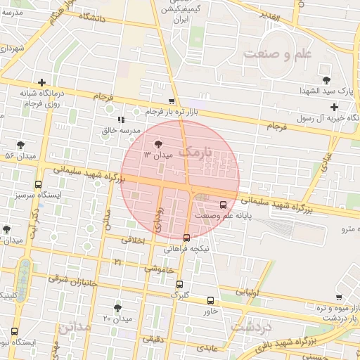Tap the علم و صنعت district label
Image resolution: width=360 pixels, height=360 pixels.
tap(277, 54)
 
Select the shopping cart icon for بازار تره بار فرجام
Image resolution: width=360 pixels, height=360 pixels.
tap(172, 102)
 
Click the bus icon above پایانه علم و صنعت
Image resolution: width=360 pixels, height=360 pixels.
tap(223, 205)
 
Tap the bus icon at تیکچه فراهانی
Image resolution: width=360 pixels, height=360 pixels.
tap(186, 238)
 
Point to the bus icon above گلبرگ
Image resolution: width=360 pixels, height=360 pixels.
tap(180, 285)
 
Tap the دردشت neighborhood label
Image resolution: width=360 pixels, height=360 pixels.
tap(251, 328)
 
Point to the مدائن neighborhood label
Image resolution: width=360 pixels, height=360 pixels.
tap(75, 328)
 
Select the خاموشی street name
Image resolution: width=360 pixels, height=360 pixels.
tap(160, 268)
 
